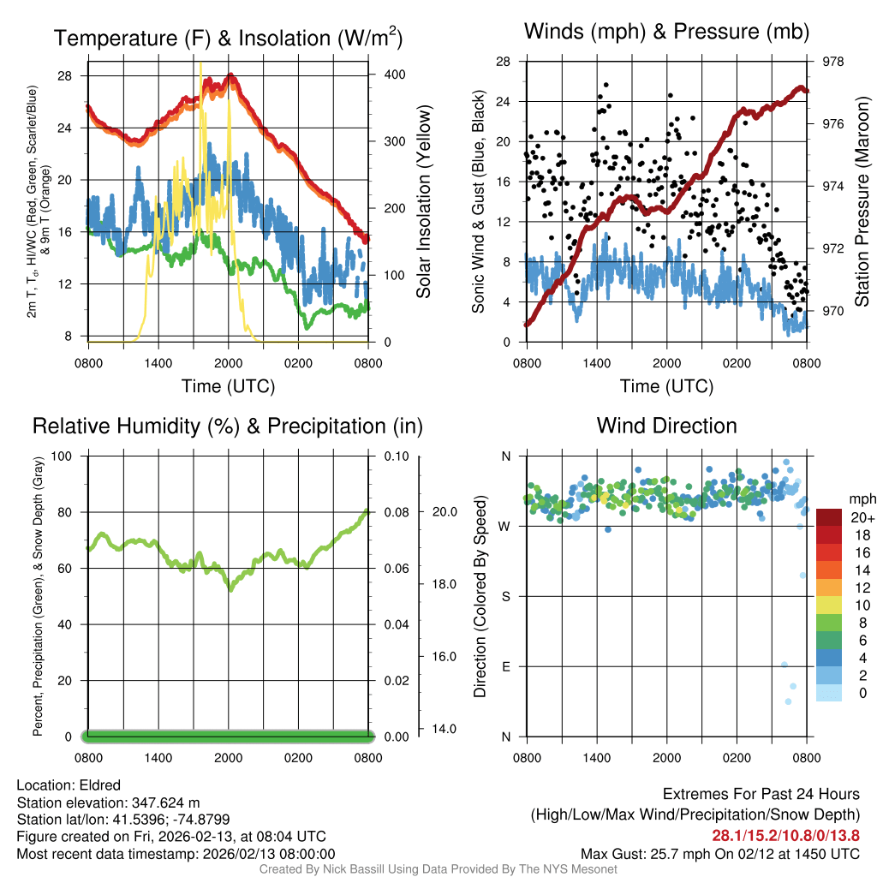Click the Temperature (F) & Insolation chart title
[x=228, y=39]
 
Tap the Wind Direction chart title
[x=666, y=426]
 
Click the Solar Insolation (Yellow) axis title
[x=423, y=202]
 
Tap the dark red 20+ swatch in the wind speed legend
[x=829, y=518]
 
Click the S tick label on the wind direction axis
[x=506, y=596]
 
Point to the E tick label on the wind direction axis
[x=506, y=666]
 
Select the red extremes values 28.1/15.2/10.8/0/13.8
[x=785, y=836]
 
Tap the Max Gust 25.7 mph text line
[x=720, y=853]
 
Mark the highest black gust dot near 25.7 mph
[x=606, y=85]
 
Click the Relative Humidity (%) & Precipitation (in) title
[x=228, y=426]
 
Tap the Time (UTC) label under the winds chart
[x=667, y=386]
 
